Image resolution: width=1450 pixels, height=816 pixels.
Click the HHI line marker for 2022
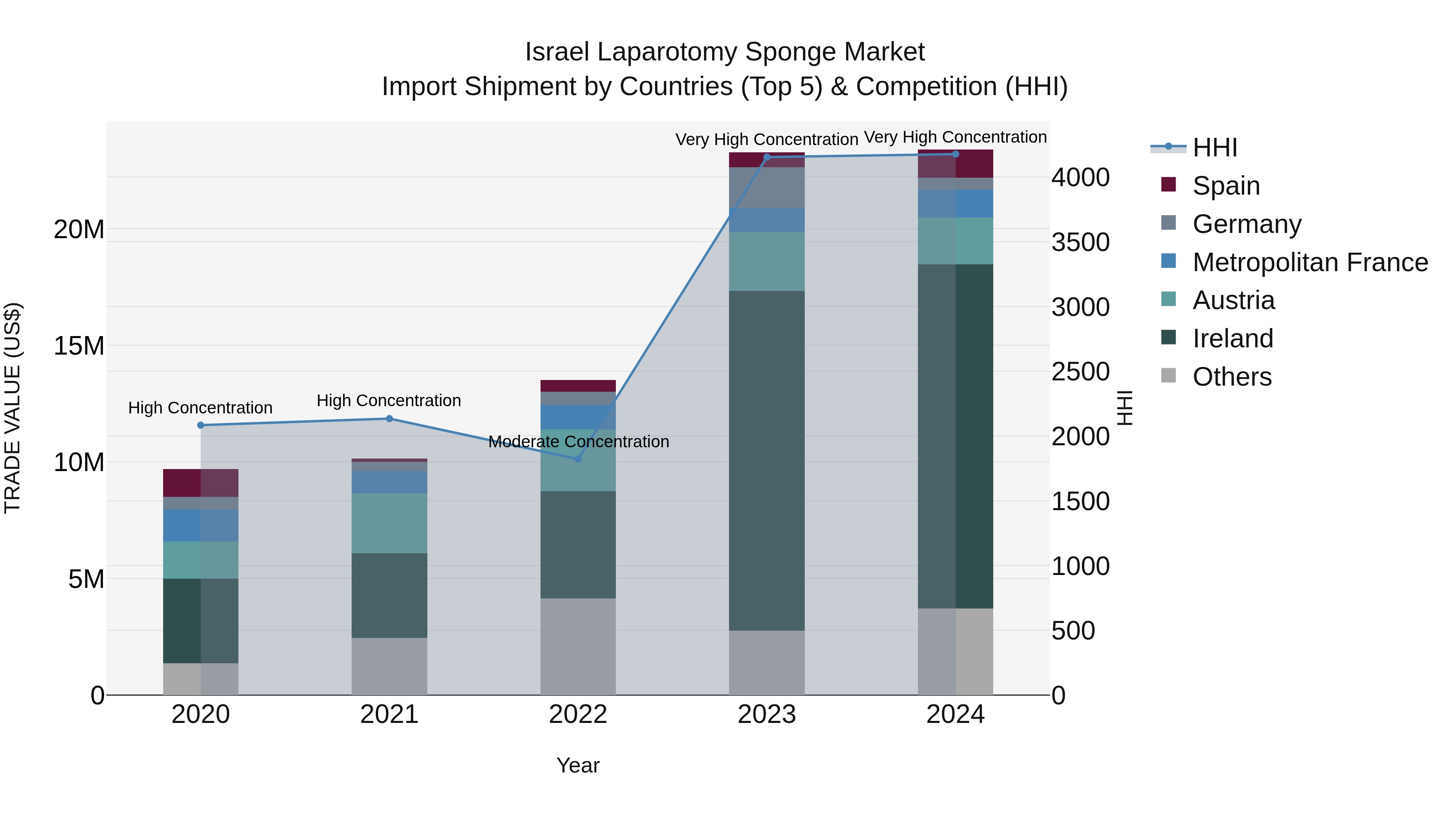578,459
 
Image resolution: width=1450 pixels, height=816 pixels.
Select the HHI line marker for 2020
201,425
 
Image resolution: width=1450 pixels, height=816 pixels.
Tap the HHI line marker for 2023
766,157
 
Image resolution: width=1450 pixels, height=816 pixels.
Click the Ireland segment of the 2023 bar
766,460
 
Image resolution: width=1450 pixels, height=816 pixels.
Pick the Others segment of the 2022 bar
578,646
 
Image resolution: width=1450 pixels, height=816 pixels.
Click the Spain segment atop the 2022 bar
578,386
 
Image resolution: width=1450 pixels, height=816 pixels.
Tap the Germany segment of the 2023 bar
766,187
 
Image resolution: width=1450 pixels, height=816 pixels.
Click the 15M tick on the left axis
79,346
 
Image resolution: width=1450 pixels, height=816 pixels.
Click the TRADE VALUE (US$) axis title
12,408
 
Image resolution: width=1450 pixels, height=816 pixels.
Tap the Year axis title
578,765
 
